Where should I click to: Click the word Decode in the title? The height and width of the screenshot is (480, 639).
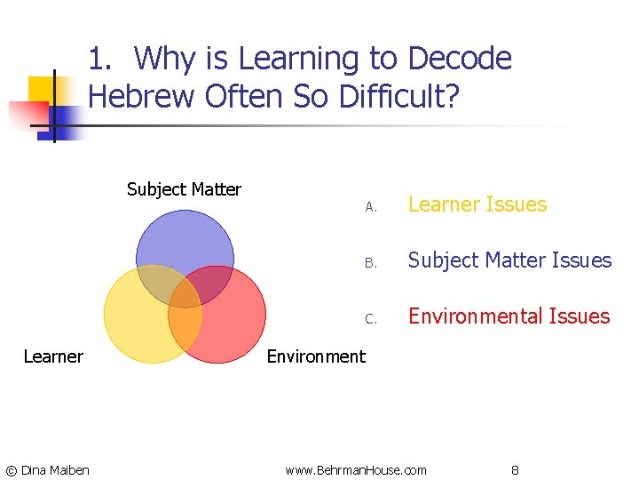(x=459, y=59)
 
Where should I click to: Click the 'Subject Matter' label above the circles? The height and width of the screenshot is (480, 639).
(x=184, y=189)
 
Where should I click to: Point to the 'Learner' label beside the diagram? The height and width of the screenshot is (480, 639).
(x=53, y=356)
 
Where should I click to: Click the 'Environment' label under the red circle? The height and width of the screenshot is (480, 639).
(x=316, y=356)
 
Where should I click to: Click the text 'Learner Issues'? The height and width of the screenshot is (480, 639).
(x=477, y=204)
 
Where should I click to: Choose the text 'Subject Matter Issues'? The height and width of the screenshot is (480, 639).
(x=509, y=260)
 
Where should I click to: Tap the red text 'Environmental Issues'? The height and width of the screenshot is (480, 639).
(x=509, y=316)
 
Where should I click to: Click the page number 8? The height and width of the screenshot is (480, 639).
(x=515, y=469)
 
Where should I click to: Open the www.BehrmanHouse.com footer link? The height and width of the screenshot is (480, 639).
(x=356, y=469)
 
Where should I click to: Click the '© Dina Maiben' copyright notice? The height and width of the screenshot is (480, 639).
(x=47, y=469)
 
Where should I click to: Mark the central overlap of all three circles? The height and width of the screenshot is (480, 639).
(x=185, y=293)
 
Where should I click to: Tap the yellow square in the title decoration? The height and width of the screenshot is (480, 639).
(x=41, y=89)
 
